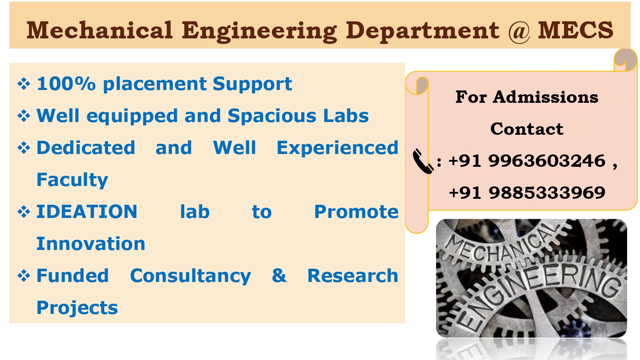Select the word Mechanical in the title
pyautogui.click(x=99, y=31)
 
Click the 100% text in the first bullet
pyautogui.click(x=66, y=84)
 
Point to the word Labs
pyautogui.click(x=346, y=116)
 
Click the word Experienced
pyautogui.click(x=337, y=148)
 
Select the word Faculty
pyautogui.click(x=72, y=180)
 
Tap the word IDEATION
pyautogui.click(x=87, y=212)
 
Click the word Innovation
pyautogui.click(x=90, y=244)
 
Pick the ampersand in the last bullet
pyautogui.click(x=279, y=276)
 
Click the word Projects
pyautogui.click(x=77, y=308)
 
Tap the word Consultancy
pyautogui.click(x=190, y=276)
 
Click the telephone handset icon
pyautogui.click(x=422, y=161)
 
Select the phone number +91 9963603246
pyautogui.click(x=527, y=161)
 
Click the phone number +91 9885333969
pyautogui.click(x=527, y=193)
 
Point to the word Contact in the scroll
pyautogui.click(x=527, y=129)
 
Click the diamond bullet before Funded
pyautogui.click(x=23, y=276)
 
